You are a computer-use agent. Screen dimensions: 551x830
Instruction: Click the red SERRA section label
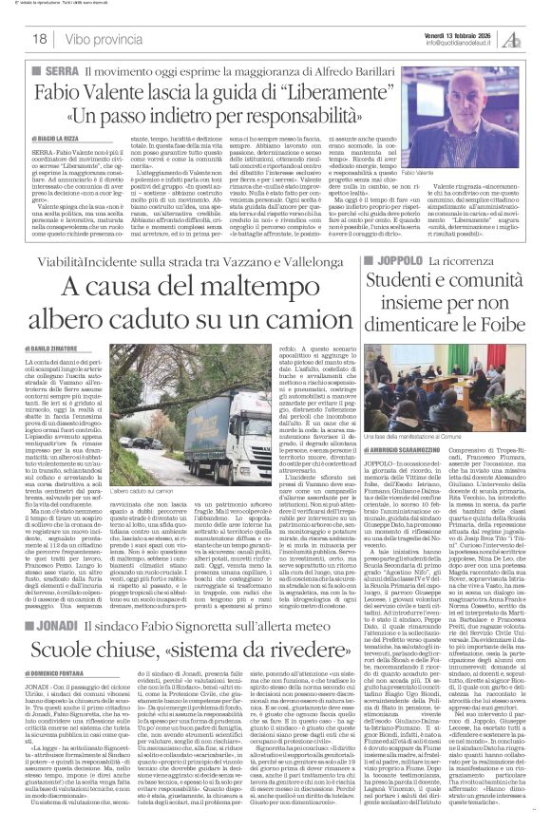(53, 70)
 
